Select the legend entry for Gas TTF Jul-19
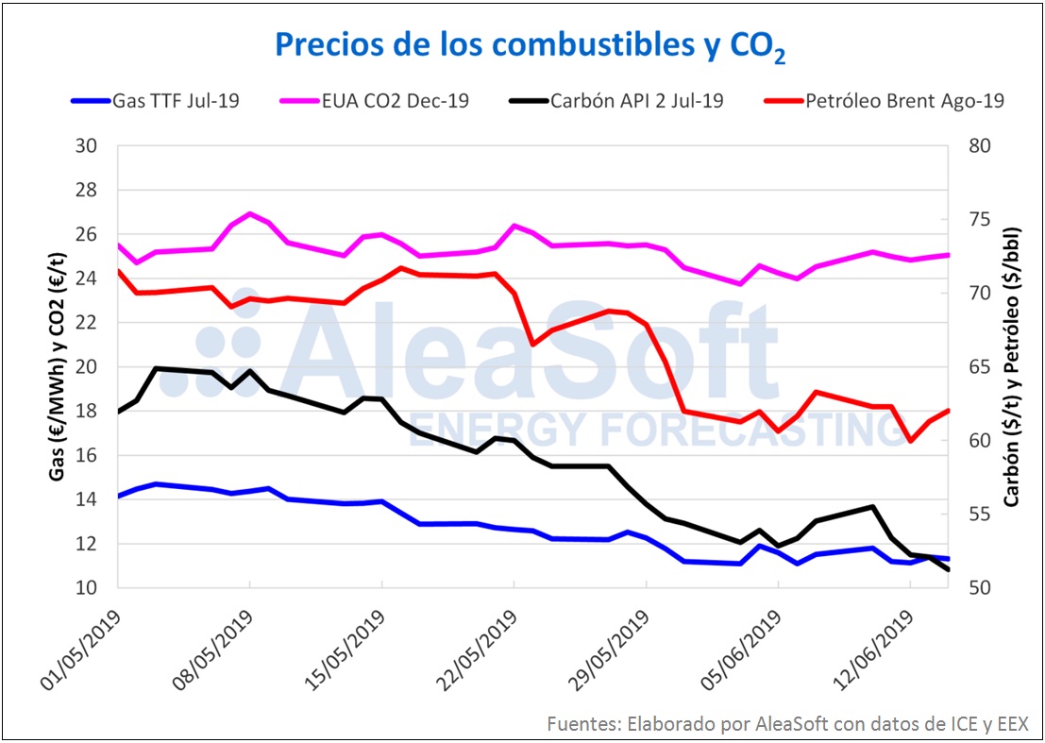(x=155, y=100)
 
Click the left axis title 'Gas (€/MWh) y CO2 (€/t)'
(x=57, y=366)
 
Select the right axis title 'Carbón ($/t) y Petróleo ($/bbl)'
(x=1012, y=366)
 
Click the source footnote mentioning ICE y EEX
(x=787, y=723)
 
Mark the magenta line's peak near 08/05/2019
(x=249, y=213)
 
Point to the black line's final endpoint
(x=947, y=570)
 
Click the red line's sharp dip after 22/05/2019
(x=532, y=344)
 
